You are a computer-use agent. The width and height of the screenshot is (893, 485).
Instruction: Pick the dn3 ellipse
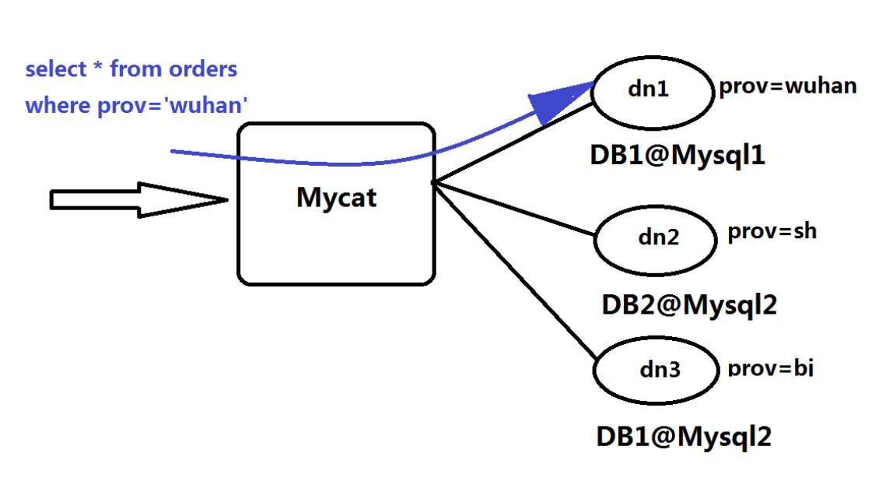(656, 371)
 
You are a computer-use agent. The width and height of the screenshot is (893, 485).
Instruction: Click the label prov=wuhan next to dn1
(787, 86)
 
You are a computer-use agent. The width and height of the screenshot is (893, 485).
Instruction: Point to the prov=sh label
(772, 232)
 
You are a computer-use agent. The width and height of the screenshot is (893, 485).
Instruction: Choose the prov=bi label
(770, 367)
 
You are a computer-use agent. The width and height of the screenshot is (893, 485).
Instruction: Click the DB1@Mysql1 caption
(677, 156)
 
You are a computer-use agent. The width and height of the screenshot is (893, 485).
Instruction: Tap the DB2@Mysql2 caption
(689, 304)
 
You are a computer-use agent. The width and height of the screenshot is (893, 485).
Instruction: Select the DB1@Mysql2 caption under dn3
(684, 437)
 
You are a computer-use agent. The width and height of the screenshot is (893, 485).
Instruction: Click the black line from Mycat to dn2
(513, 208)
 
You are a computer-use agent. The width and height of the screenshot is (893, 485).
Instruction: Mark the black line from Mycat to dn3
(513, 269)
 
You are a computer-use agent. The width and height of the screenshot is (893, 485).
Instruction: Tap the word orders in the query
(202, 69)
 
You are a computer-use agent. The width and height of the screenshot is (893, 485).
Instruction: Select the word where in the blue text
(58, 105)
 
